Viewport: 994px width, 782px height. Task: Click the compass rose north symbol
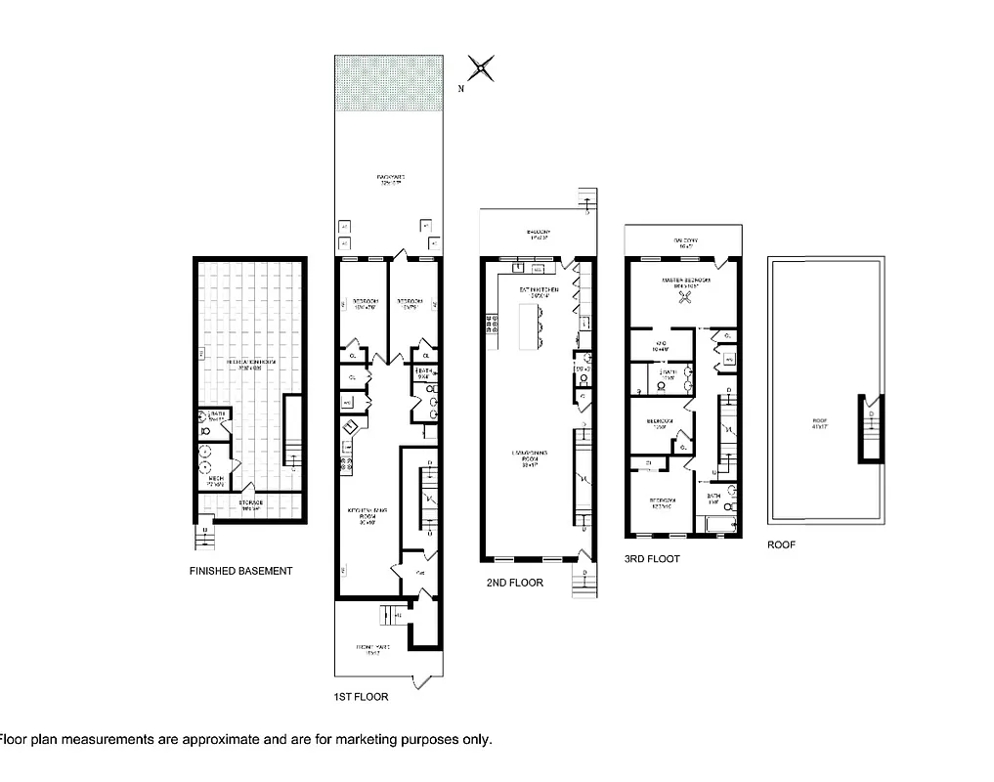(x=480, y=69)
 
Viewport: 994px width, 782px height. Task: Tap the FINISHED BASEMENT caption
(x=240, y=571)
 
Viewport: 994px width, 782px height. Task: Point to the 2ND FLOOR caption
(x=514, y=583)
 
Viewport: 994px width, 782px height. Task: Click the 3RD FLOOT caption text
(x=652, y=559)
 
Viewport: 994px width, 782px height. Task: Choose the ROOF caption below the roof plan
(x=781, y=544)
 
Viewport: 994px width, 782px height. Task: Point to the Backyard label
(x=390, y=178)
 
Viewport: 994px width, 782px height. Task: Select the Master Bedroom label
(x=684, y=282)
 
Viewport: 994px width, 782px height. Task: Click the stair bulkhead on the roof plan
(x=869, y=428)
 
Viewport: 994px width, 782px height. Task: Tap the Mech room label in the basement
(x=212, y=481)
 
